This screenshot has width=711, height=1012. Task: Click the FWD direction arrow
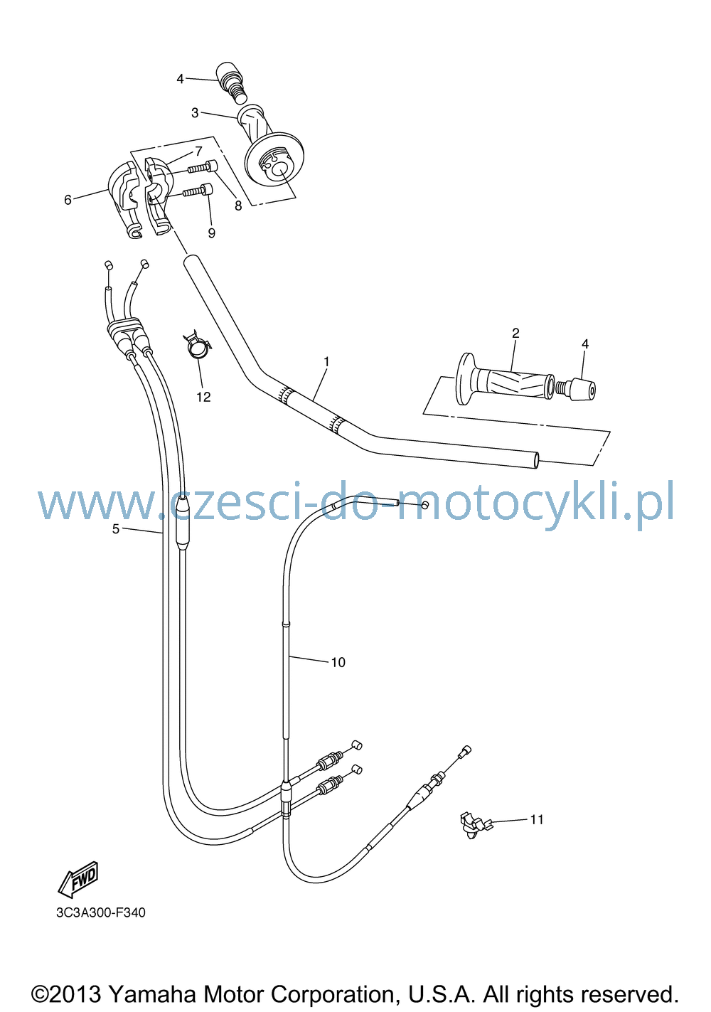[79, 879]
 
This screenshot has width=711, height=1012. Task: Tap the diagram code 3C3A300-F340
[101, 912]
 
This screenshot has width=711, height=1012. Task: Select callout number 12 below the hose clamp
[203, 397]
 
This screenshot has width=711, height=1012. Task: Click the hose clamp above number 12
[198, 345]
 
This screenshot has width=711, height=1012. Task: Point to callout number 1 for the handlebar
[326, 361]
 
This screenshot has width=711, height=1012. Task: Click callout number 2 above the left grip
[516, 333]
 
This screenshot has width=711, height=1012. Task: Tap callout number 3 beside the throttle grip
[195, 112]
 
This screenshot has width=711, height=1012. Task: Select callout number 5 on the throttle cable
[116, 528]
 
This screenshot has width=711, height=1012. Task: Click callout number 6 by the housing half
[68, 199]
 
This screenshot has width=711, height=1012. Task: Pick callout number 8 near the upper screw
[238, 206]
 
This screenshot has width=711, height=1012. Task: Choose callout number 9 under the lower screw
[211, 233]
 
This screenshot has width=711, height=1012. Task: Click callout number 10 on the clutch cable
[338, 662]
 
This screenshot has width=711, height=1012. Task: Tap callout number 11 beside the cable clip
[537, 819]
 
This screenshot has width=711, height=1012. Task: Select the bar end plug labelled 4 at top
[232, 82]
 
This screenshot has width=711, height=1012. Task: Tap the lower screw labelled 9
[198, 190]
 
